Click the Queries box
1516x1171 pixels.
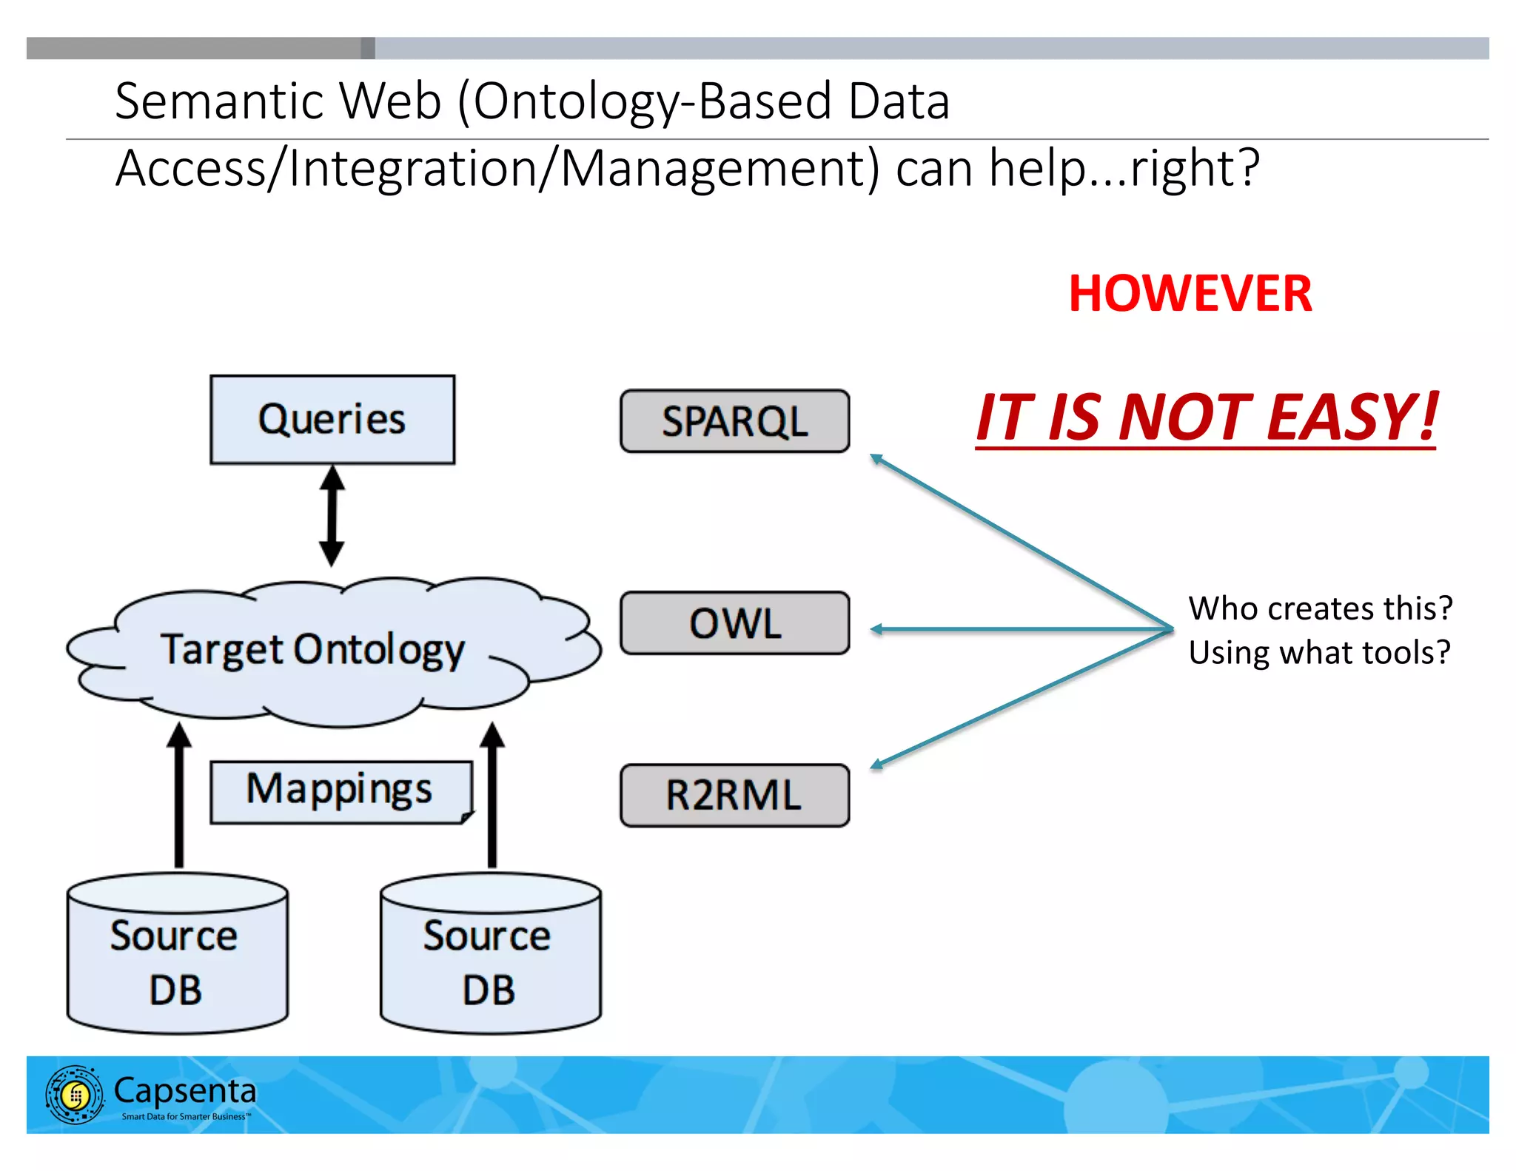point(332,420)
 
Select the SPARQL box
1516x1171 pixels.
point(734,421)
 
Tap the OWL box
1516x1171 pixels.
point(734,623)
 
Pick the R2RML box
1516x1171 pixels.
point(734,796)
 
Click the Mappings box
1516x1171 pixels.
point(340,791)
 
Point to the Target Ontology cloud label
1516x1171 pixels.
point(312,650)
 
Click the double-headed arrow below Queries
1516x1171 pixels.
point(332,516)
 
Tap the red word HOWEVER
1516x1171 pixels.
point(1190,294)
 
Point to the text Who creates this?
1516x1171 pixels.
point(1320,608)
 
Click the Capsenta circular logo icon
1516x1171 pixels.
point(75,1095)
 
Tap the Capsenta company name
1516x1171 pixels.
point(185,1091)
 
